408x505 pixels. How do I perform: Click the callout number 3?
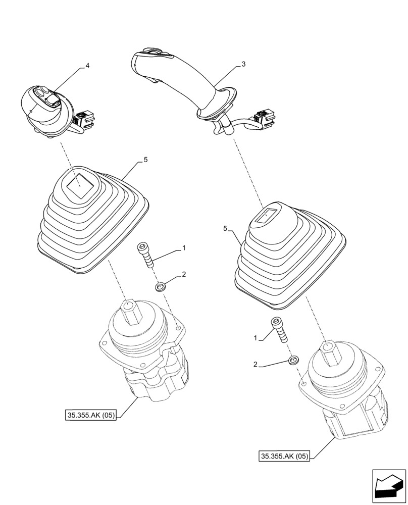click(x=243, y=64)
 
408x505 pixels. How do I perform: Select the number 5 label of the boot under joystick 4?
click(x=145, y=160)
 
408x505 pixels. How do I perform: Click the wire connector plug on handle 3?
click(x=265, y=118)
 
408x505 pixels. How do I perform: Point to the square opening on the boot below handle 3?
click(x=266, y=217)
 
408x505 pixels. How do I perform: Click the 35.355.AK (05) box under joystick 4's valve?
click(x=91, y=416)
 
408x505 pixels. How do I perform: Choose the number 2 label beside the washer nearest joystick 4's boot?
click(x=184, y=274)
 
